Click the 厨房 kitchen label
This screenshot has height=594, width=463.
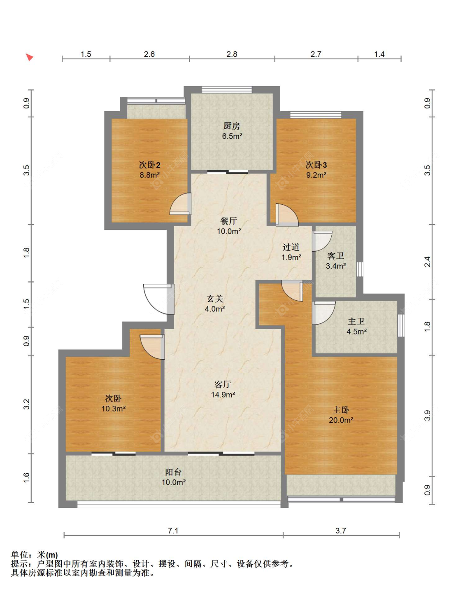(231, 126)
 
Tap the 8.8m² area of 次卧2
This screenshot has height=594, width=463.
(150, 175)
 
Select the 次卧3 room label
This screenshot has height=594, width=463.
(316, 165)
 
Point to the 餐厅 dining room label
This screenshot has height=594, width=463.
(228, 221)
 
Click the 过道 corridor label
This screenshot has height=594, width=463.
(291, 247)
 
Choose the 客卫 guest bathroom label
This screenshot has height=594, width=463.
(335, 256)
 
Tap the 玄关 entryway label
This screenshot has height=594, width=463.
(215, 299)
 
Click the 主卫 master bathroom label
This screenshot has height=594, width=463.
(356, 321)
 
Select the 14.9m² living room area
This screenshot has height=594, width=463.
(223, 395)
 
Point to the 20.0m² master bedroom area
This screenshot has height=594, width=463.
(341, 420)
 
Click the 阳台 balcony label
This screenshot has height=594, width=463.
(173, 472)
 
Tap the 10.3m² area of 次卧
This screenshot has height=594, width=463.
(114, 409)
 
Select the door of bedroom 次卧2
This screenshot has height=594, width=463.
(180, 204)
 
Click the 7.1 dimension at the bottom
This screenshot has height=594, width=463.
(173, 531)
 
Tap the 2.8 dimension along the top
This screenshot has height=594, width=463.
(232, 54)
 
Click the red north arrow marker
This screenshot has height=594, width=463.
(29, 57)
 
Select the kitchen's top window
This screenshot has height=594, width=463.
(227, 90)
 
